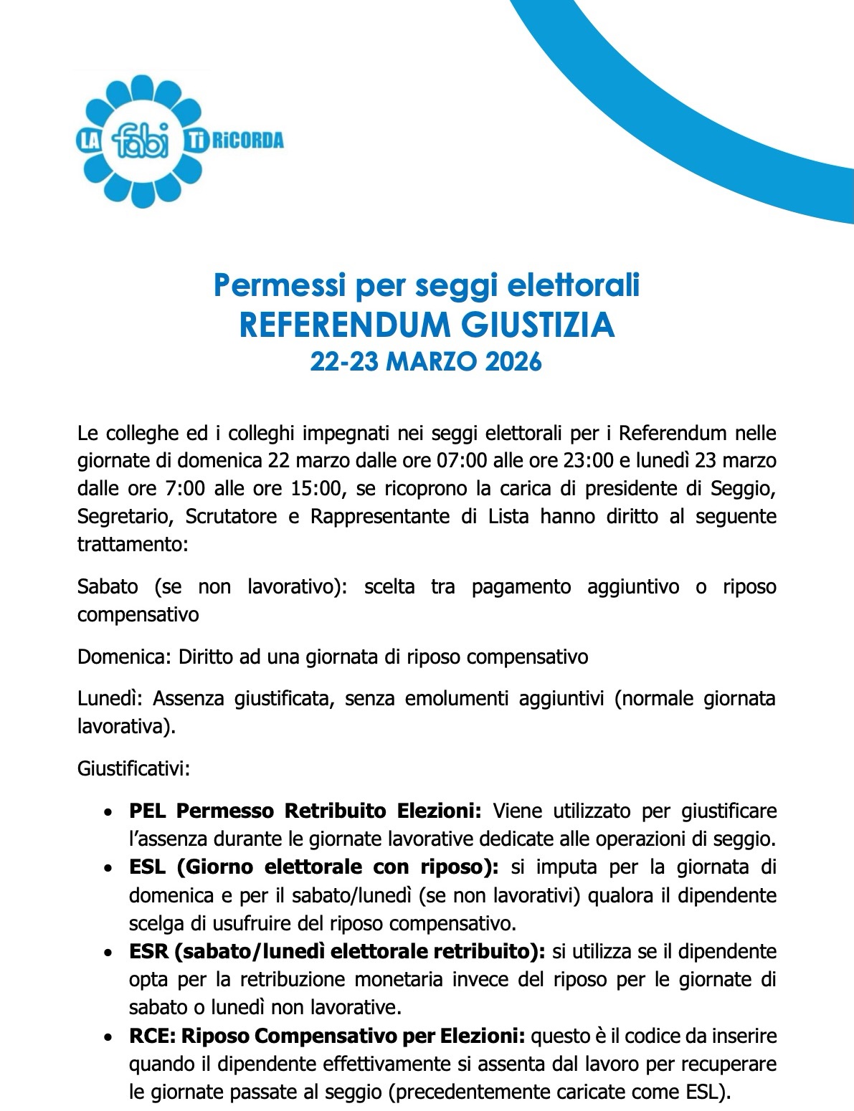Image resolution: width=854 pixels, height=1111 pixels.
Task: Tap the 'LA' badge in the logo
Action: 92,138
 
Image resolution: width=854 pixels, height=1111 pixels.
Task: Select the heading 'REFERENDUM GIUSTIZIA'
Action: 427,325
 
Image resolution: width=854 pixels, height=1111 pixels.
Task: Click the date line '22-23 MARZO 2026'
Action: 426,363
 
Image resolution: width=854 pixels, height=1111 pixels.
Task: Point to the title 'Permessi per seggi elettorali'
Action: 427,285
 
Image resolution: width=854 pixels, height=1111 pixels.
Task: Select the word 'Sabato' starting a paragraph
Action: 108,587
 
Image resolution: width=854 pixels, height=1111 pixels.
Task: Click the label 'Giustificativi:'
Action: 133,768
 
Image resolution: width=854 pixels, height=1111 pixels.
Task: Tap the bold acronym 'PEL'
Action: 148,811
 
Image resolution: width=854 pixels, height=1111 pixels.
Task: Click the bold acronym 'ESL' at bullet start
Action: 147,867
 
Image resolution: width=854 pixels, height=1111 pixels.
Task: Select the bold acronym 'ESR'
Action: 148,951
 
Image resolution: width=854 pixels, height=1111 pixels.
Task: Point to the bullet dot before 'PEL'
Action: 108,813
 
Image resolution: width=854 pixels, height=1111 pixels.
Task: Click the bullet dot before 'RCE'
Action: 108,1038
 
